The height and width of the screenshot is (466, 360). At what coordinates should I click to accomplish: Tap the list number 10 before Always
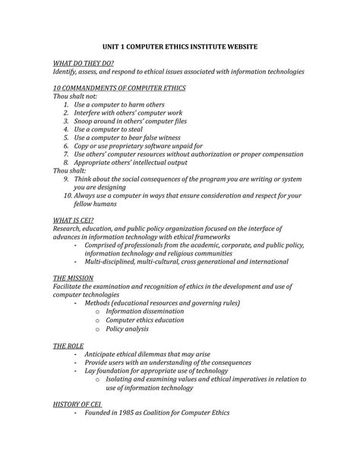click(66, 195)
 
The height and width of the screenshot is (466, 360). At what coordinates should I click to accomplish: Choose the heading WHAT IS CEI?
click(74, 220)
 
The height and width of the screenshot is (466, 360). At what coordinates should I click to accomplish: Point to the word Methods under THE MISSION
click(101, 303)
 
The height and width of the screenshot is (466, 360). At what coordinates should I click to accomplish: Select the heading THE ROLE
click(68, 346)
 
